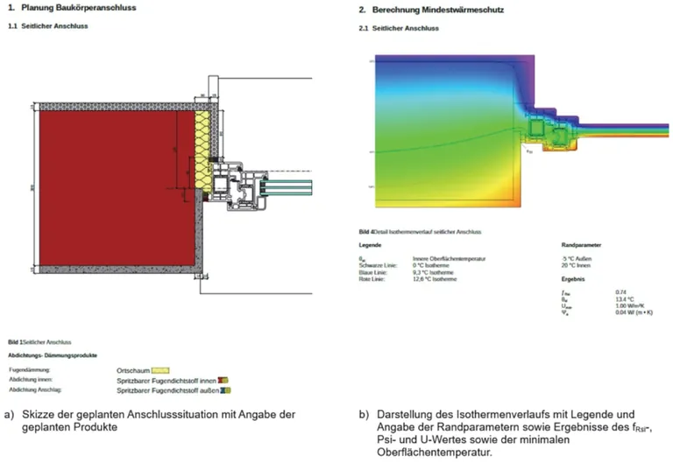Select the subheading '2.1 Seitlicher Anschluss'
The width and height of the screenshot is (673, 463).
pos(399,28)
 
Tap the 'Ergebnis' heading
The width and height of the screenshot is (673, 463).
pos(574,277)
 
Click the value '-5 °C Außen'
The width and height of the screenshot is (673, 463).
pos(577,259)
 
